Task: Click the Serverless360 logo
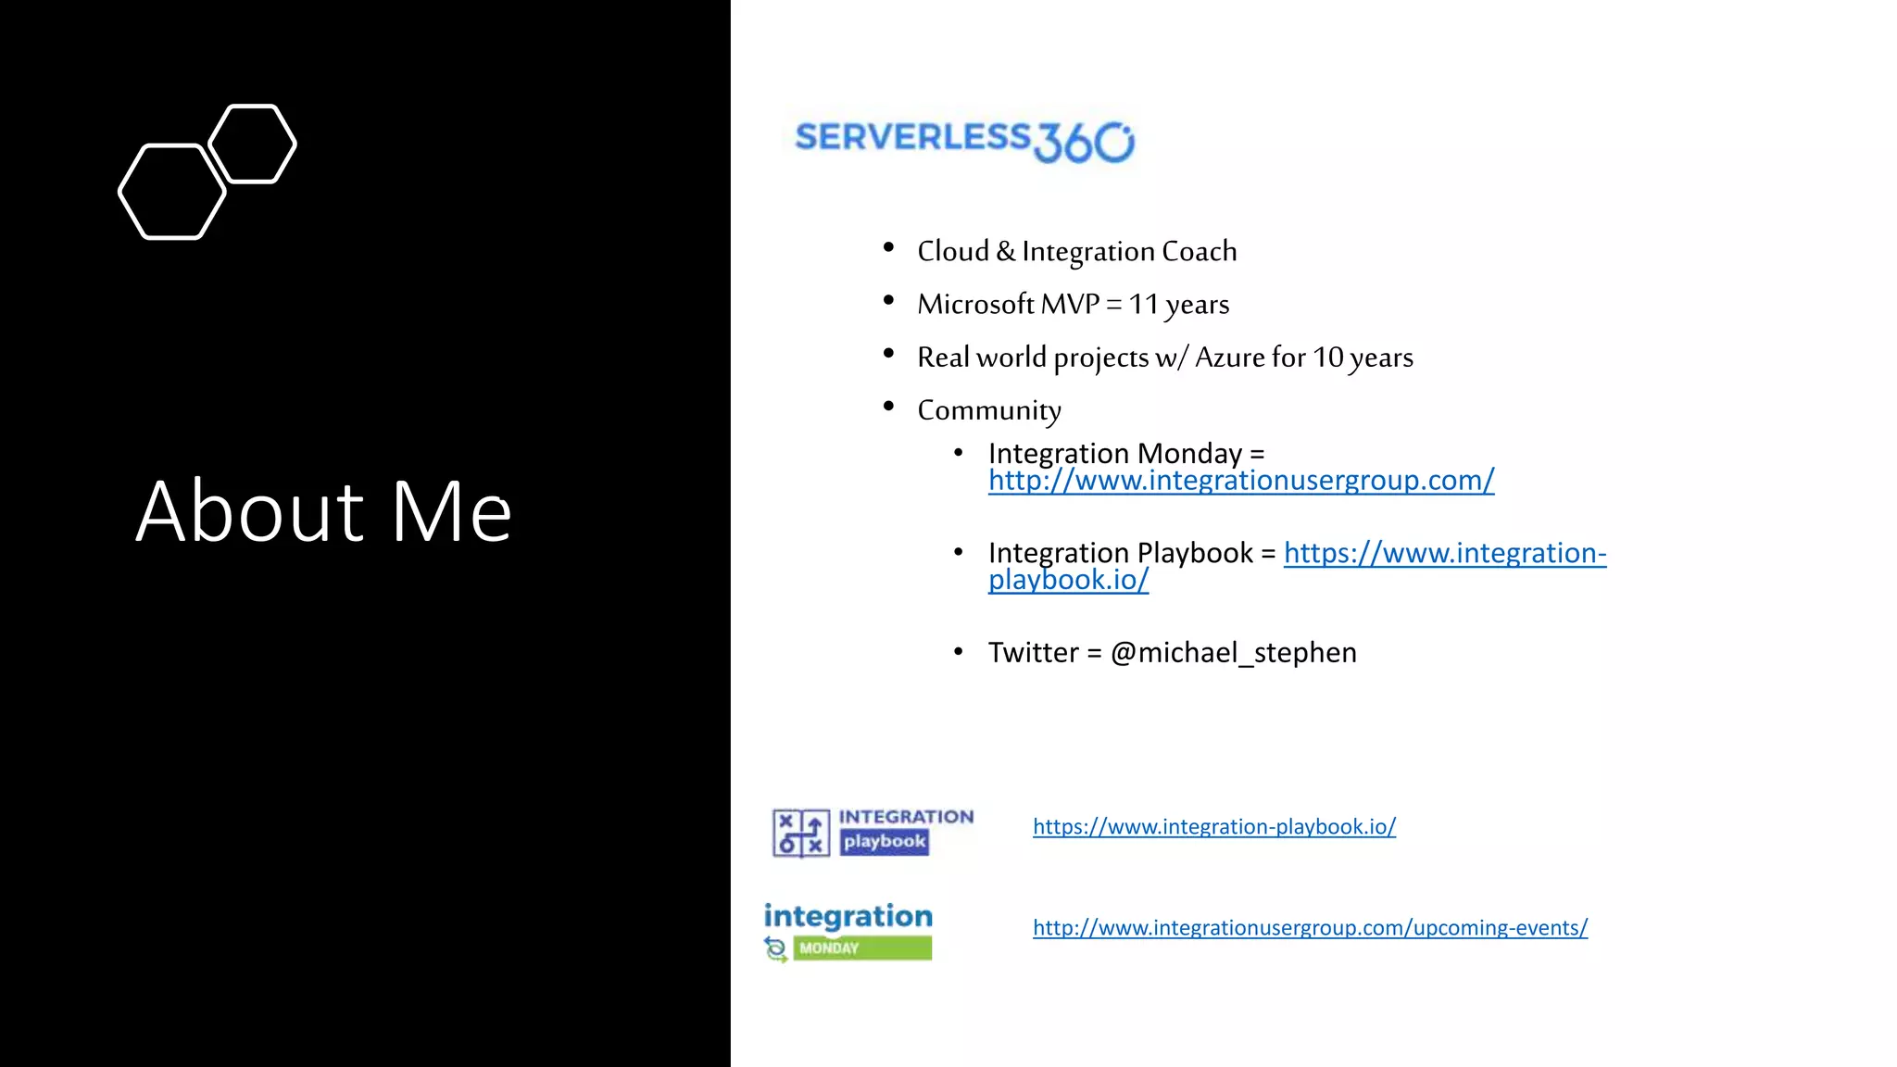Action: click(964, 141)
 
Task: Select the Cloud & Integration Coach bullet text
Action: click(1076, 251)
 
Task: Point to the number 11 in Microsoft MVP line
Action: click(1143, 304)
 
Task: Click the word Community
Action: click(988, 410)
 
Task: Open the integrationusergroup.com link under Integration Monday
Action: click(1240, 481)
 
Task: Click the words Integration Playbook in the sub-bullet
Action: click(1120, 553)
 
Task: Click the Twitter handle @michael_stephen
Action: click(1233, 653)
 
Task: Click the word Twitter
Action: click(1033, 653)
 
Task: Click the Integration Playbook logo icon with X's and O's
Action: click(801, 833)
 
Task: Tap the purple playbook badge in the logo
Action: click(884, 842)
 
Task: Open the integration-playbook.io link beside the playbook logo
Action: click(1213, 826)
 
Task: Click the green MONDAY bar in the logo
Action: click(862, 948)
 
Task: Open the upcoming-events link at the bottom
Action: click(1310, 927)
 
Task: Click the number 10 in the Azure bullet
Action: click(1327, 357)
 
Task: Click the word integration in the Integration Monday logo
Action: click(848, 916)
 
